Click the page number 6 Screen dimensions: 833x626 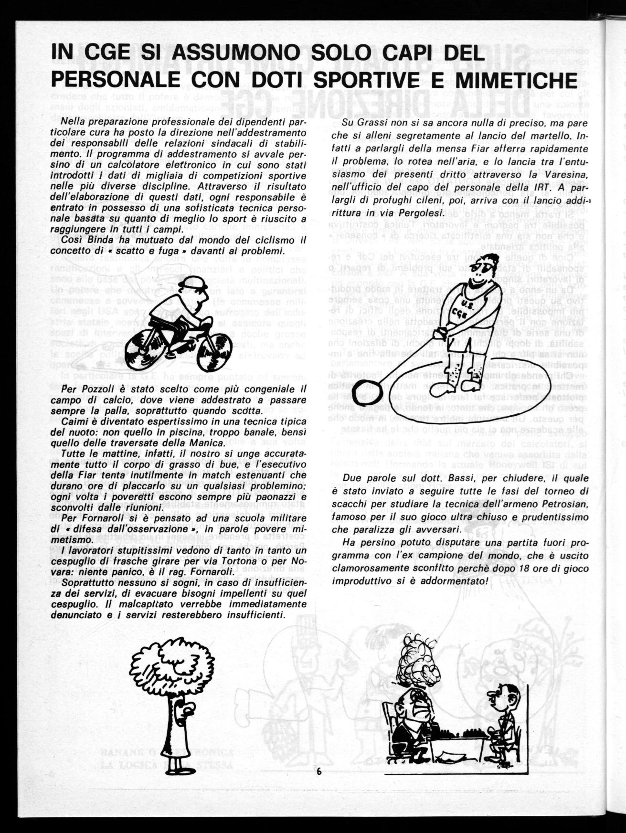pos(318,771)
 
